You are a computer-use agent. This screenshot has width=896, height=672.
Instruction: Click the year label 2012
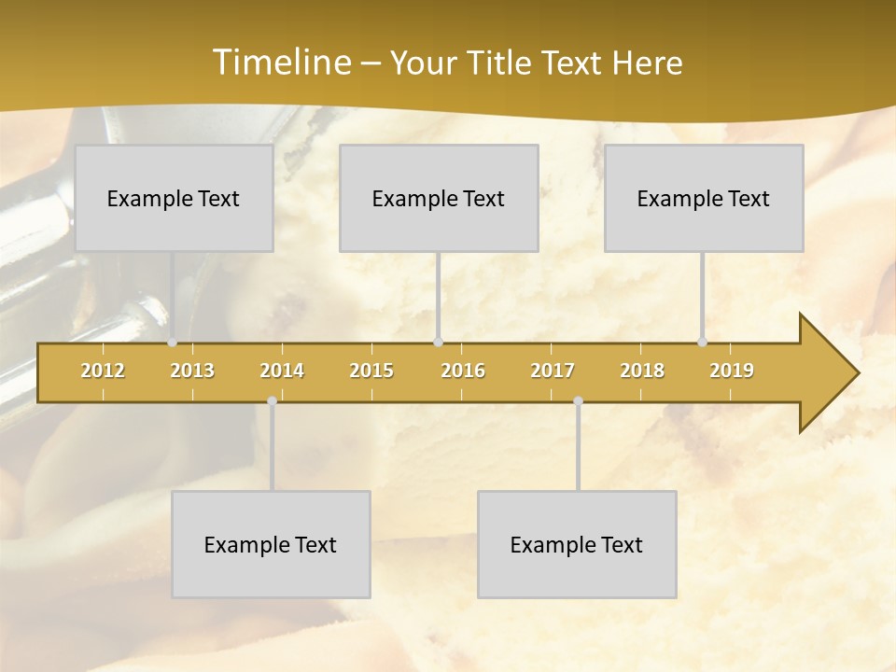[x=103, y=371]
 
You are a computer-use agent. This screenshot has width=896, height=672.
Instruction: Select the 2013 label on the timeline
[x=192, y=371]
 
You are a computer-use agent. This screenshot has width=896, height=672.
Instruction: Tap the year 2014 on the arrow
[x=282, y=371]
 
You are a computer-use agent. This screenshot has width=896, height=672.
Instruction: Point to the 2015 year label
[x=371, y=371]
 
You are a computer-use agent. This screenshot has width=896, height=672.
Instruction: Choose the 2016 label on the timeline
[x=463, y=371]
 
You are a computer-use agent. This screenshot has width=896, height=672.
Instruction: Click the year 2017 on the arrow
[x=553, y=371]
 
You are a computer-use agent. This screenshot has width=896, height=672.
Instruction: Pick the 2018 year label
[x=642, y=371]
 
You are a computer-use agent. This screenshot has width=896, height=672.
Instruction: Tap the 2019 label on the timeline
[x=732, y=371]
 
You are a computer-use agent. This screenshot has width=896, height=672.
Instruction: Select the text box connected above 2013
[x=174, y=198]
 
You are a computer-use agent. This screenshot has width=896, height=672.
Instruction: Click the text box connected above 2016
[x=439, y=198]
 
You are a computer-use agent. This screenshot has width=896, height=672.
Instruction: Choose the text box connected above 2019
[x=704, y=198]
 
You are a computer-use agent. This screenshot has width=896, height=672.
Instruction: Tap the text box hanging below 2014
[x=271, y=544]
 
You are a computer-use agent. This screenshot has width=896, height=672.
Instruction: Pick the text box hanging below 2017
[x=577, y=544]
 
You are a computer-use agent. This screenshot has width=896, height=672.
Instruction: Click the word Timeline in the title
[x=281, y=63]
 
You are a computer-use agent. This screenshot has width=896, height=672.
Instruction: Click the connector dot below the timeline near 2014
[x=272, y=401]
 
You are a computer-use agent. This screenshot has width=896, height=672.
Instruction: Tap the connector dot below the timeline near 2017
[x=578, y=401]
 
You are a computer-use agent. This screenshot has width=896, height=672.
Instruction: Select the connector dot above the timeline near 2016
[x=438, y=343]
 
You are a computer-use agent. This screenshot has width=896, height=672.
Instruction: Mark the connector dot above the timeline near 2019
[x=703, y=343]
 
